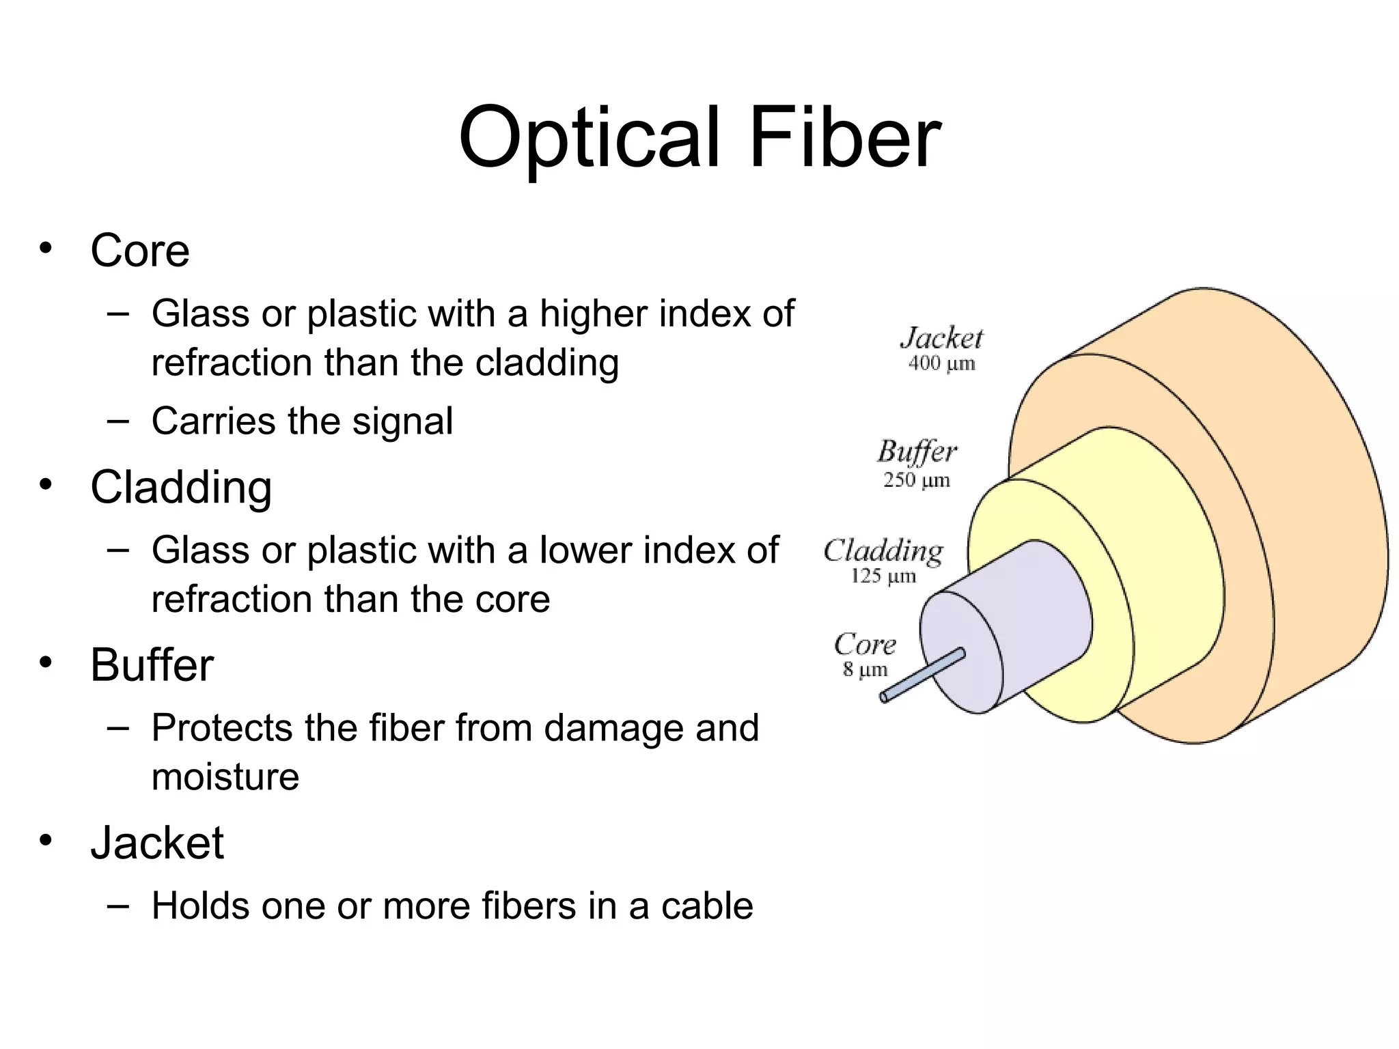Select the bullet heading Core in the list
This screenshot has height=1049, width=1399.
coord(140,251)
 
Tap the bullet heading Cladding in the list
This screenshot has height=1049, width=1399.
coord(181,488)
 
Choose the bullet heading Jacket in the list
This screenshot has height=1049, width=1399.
coord(157,843)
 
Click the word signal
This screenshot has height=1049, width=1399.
coord(402,421)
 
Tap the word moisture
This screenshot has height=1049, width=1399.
coord(225,777)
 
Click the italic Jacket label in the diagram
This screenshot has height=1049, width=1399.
coord(941,339)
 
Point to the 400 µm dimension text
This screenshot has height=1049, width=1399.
coord(941,363)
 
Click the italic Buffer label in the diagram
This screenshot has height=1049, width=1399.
coord(917,452)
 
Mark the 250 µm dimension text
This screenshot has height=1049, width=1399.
coord(917,480)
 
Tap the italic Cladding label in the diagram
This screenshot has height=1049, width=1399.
coord(883,550)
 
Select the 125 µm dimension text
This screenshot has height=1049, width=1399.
coord(883,576)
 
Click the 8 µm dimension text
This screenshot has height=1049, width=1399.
coord(865,669)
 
